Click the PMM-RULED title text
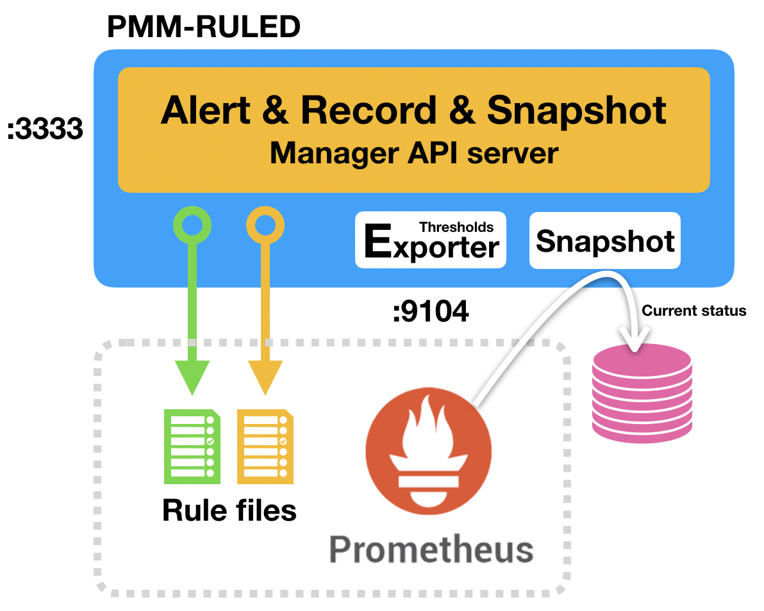tap(203, 27)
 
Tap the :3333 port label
tap(46, 130)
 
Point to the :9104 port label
tap(430, 312)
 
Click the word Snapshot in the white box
tap(604, 241)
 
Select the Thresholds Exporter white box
tap(431, 240)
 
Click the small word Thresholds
tap(456, 227)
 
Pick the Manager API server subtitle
tap(413, 154)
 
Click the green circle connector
tap(192, 225)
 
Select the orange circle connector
tap(265, 225)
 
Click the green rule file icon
tap(192, 446)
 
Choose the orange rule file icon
tap(265, 446)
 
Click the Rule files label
tap(229, 510)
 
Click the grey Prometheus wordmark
tap(431, 550)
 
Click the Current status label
tap(694, 311)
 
